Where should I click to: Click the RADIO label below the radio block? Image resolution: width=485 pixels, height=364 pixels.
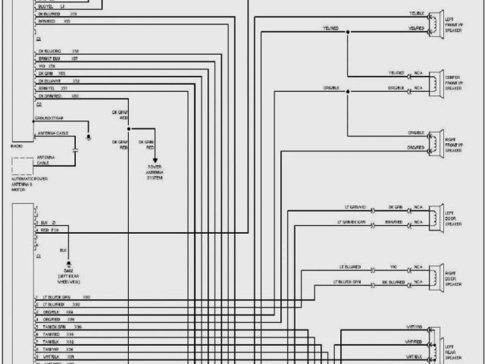[17, 145]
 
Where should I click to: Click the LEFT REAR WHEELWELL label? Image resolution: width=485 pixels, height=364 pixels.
[69, 276]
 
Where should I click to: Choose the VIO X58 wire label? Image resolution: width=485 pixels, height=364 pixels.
[47, 66]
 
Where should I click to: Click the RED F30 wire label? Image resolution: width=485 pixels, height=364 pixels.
[50, 229]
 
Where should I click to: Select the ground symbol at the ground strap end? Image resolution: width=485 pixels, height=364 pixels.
[89, 136]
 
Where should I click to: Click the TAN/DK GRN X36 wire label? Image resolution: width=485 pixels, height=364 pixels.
[64, 327]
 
